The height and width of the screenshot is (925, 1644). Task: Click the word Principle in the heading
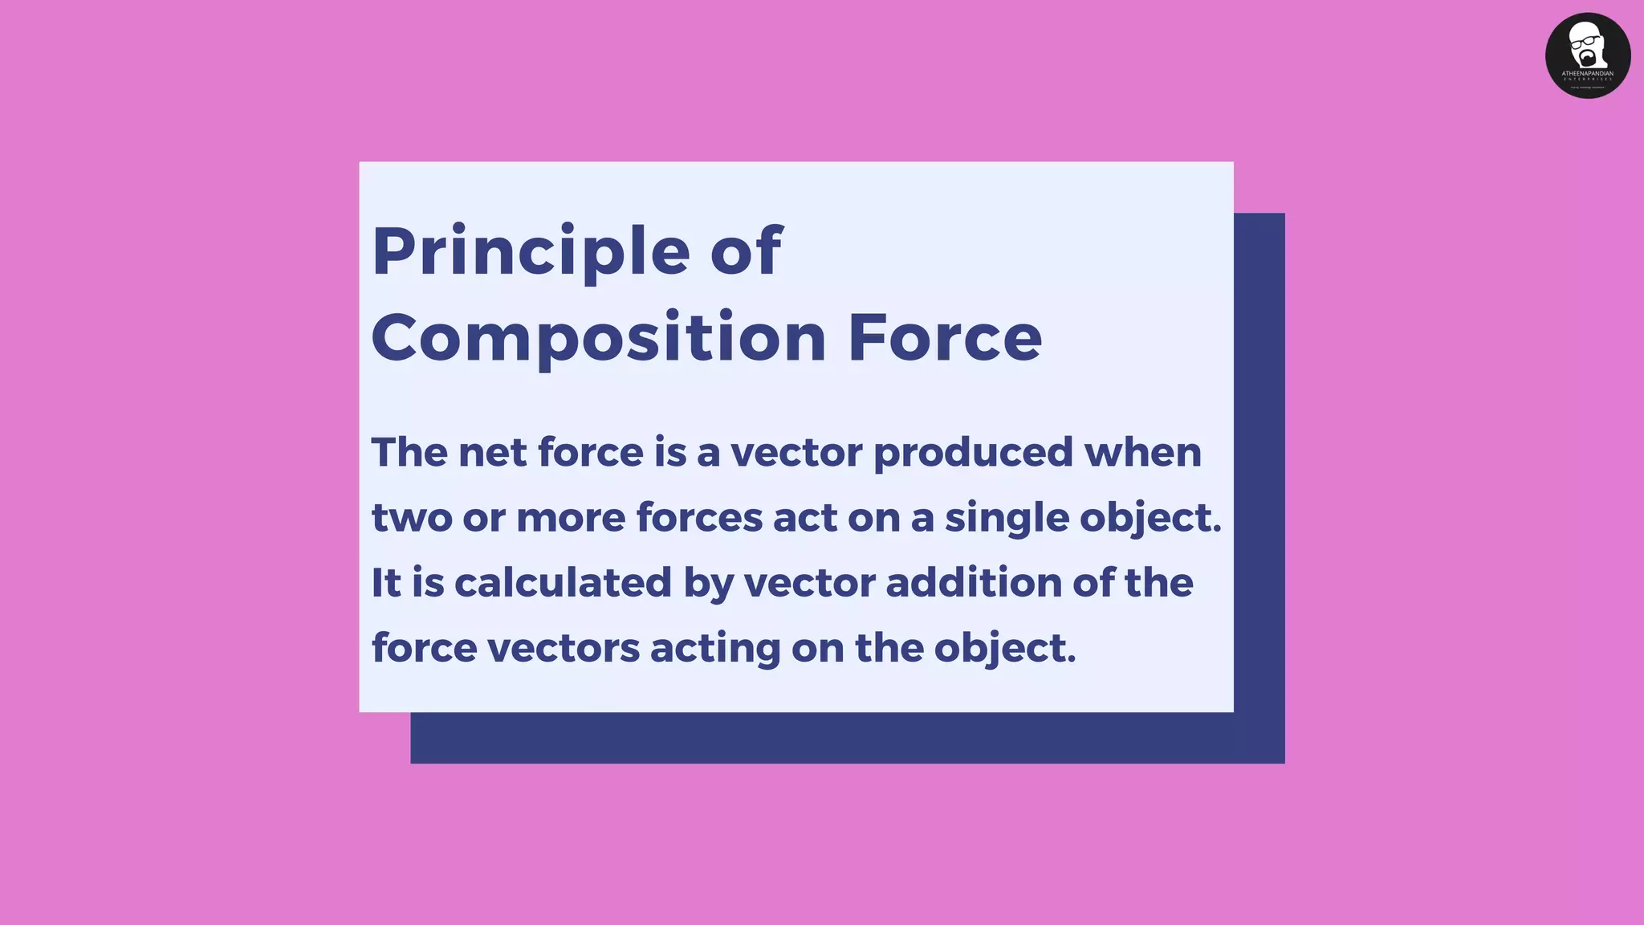531,251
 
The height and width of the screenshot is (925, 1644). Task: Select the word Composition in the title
599,337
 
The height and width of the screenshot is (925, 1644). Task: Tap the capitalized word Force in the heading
945,337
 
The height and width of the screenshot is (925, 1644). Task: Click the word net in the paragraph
492,452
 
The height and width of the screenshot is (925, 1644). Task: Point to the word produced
973,454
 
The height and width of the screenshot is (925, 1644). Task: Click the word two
411,518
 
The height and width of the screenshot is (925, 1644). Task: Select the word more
570,518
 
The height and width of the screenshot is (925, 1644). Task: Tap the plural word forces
699,517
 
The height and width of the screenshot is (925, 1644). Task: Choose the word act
805,518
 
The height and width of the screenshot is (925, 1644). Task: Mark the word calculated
562,583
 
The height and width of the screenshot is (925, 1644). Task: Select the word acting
714,649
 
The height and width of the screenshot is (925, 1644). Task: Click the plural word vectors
564,649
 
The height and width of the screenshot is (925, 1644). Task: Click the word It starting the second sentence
386,583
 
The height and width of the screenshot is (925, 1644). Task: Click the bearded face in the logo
1586,47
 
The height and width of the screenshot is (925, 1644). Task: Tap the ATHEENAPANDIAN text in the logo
1587,73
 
